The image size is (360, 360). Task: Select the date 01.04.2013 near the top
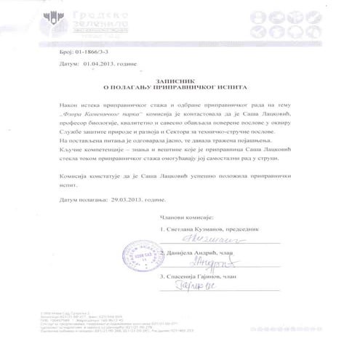(x=93, y=64)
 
